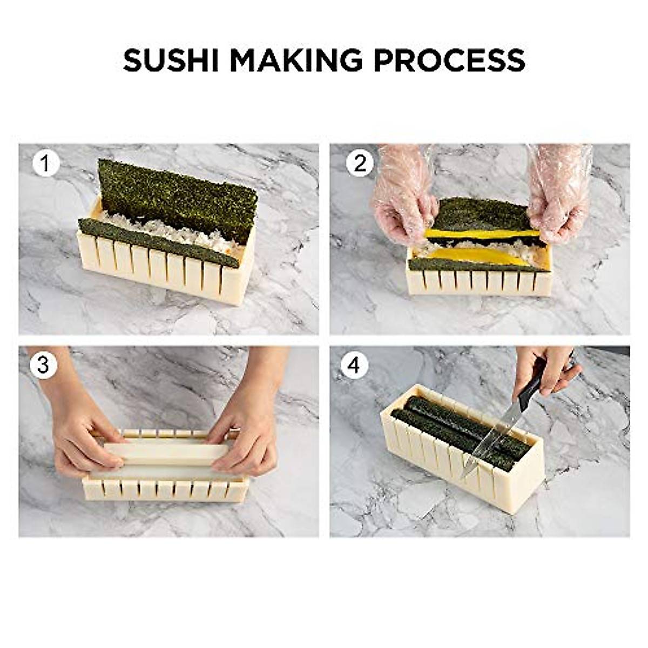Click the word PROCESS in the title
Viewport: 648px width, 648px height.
pyautogui.click(x=449, y=60)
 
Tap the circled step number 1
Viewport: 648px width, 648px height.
pyautogui.click(x=45, y=164)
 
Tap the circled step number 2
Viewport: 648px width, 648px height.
pyautogui.click(x=360, y=164)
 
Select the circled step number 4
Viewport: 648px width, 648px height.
pyautogui.click(x=354, y=365)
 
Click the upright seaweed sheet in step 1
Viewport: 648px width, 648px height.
pyautogui.click(x=178, y=194)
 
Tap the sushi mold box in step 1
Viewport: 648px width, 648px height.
pyautogui.click(x=162, y=270)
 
